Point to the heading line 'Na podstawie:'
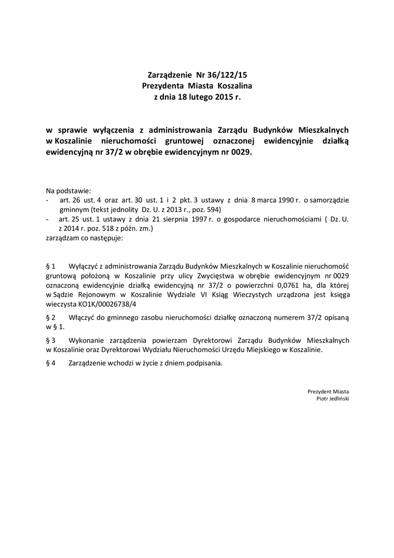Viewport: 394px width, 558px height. coord(69,191)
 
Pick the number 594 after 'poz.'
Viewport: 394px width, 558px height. coord(214,210)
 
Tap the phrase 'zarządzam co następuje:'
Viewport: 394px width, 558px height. coord(84,238)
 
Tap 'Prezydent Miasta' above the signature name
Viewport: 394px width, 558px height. coord(328,391)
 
